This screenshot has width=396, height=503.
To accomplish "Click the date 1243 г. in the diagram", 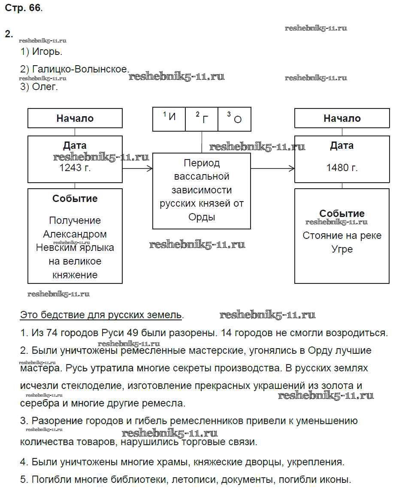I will point(76,168).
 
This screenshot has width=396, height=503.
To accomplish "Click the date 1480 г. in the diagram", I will point(342,168).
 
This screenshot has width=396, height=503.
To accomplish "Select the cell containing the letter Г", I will point(202,118).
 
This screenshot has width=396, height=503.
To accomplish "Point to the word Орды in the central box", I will point(202,217).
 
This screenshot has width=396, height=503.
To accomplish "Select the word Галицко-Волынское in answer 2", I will point(80,69).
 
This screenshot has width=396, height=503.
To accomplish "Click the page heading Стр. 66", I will point(24,8).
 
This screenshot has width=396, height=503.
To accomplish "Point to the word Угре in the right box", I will point(342,249).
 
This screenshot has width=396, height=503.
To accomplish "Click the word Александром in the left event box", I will point(75,234).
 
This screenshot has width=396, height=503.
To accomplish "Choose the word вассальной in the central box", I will point(202,176).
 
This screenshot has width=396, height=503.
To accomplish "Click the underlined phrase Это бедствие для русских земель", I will point(101,315).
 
